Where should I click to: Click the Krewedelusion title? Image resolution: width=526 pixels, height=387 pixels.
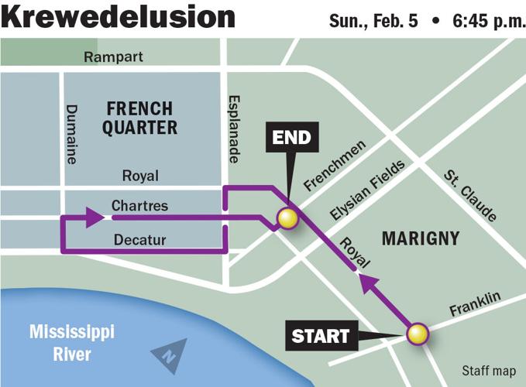pos(118,17)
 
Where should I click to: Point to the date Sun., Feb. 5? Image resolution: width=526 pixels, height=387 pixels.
pos(373,19)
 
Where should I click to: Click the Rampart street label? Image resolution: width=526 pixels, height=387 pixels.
pos(114,57)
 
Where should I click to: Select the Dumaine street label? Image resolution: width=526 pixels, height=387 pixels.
pos(71,134)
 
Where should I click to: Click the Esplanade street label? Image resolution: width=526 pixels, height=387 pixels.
pos(233,130)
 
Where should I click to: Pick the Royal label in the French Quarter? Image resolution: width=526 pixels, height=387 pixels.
pos(140,176)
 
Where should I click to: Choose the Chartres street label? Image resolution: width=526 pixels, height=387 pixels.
pos(139,206)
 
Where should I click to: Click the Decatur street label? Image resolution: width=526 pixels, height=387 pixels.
pos(139,240)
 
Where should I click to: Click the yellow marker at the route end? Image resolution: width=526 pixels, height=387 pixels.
pos(288,219)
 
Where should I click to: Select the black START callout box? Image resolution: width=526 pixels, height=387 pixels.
pos(320,336)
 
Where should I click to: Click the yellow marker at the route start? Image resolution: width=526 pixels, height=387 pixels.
pos(418,334)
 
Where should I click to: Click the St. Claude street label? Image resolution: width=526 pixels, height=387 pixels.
pos(470,195)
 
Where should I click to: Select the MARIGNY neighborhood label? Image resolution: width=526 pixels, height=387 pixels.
pos(421,238)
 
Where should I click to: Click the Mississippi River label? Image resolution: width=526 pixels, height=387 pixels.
pos(72,344)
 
